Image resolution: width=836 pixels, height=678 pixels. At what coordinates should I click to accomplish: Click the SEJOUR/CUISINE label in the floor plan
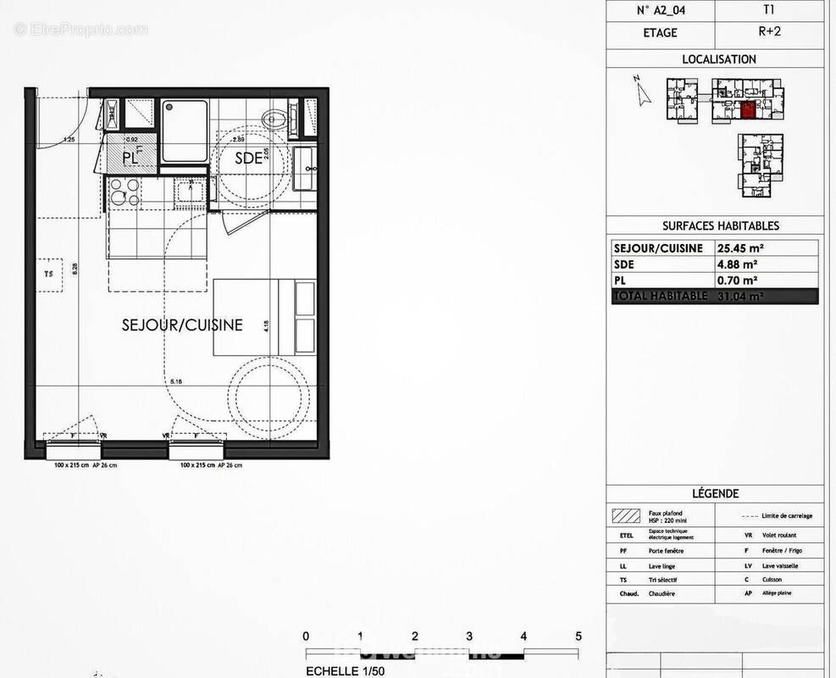(x=182, y=325)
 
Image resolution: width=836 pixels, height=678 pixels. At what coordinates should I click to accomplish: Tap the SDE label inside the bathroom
(x=247, y=157)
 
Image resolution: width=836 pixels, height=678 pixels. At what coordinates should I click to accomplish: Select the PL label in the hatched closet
(x=130, y=157)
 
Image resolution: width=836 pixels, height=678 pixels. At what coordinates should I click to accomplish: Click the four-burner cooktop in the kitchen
(x=125, y=194)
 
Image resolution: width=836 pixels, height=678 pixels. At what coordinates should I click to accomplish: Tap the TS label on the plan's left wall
(x=48, y=274)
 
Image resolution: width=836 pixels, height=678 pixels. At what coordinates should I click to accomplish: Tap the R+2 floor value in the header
(x=768, y=33)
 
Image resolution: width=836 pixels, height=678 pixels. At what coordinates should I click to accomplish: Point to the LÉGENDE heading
(x=715, y=493)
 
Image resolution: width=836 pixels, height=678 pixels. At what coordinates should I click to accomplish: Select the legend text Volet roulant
(x=780, y=536)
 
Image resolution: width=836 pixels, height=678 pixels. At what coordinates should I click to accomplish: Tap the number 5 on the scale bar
(x=579, y=636)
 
